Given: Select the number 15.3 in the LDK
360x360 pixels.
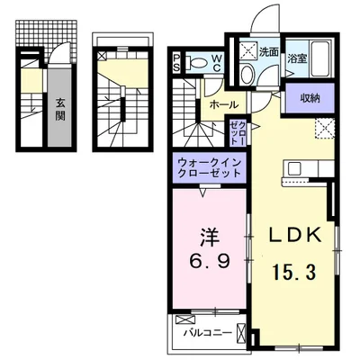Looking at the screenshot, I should pos(295,270).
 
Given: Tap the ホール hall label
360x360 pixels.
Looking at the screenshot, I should pos(223,105).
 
